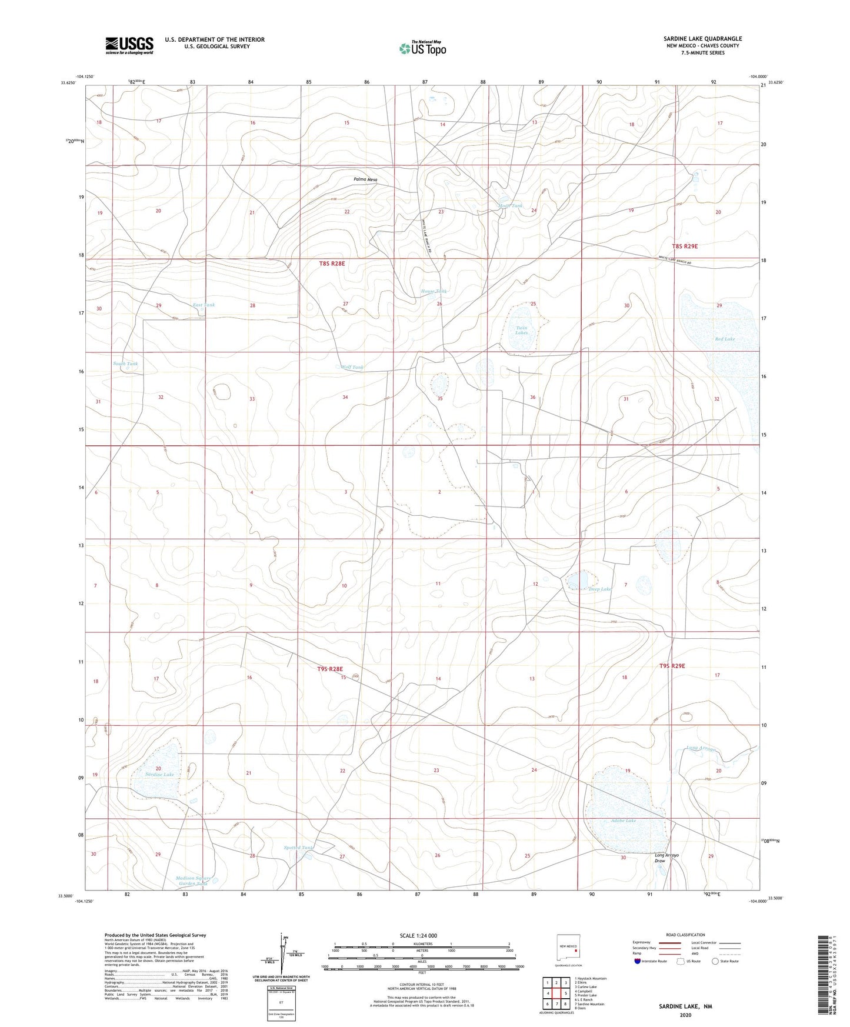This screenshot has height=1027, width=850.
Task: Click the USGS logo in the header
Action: tap(129, 45)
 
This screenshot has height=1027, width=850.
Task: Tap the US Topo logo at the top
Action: tap(422, 48)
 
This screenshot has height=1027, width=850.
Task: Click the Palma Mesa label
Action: tap(365, 179)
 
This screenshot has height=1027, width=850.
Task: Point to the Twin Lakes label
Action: tap(521, 330)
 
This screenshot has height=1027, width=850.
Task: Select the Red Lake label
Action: tap(725, 339)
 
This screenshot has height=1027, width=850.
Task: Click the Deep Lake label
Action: tap(599, 589)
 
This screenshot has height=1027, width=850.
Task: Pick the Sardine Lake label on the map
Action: tap(159, 775)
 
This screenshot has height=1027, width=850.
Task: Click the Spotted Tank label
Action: tap(299, 848)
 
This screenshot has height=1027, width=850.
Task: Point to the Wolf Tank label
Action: tap(352, 367)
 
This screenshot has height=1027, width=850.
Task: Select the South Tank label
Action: tap(125, 364)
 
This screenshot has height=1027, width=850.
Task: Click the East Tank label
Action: tap(204, 305)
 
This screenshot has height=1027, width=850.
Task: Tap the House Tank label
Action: tap(434, 291)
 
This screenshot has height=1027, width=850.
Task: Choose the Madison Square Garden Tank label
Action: tap(192, 881)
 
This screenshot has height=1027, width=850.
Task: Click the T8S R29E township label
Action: tap(685, 246)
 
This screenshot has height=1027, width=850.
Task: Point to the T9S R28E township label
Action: tap(330, 669)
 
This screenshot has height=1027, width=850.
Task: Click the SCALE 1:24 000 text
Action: tap(418, 936)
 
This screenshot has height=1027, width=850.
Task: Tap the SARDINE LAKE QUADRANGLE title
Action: tap(702, 39)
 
